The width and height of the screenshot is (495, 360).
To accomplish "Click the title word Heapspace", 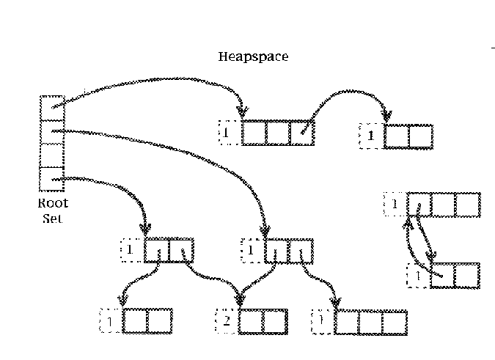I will [252, 56].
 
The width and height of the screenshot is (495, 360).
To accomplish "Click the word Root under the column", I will [53, 205].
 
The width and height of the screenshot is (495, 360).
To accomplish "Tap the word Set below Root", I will [53, 218].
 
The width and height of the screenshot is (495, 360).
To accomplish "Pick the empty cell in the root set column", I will [51, 155].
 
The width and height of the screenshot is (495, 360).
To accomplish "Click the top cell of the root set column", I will [51, 108].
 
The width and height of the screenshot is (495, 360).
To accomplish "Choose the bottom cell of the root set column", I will [51, 178].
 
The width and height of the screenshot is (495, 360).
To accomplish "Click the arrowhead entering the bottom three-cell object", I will [336, 303].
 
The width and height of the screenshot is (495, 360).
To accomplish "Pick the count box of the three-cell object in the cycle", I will [395, 204].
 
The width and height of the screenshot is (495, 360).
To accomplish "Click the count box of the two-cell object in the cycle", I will [418, 276].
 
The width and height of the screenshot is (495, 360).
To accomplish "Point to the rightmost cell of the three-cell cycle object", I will [468, 205].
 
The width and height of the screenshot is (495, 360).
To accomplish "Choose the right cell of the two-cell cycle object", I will [466, 276].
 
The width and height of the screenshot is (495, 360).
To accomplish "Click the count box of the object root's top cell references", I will [229, 133].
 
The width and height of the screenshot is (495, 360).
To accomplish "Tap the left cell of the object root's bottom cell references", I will [156, 250].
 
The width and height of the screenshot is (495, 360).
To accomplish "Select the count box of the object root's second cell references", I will [252, 250].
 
